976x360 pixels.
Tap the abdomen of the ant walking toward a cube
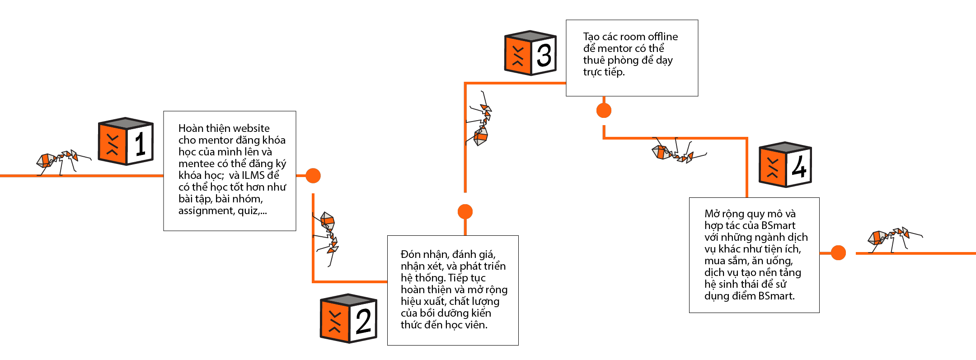click(46, 160)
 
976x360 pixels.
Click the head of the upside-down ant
click(688, 158)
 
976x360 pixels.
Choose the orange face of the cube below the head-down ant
click(335, 321)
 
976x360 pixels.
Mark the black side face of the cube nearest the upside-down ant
click(799, 167)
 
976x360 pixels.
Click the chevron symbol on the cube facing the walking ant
click(113, 145)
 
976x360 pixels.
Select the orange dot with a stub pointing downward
click(465, 211)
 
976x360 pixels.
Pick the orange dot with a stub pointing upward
click(604, 110)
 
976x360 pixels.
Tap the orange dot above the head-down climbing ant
click(313, 176)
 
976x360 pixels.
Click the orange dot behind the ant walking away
click(838, 253)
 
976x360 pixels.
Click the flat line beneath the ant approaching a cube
click(81, 176)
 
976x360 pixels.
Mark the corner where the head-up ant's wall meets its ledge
click(465, 84)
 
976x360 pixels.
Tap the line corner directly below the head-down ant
click(313, 281)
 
